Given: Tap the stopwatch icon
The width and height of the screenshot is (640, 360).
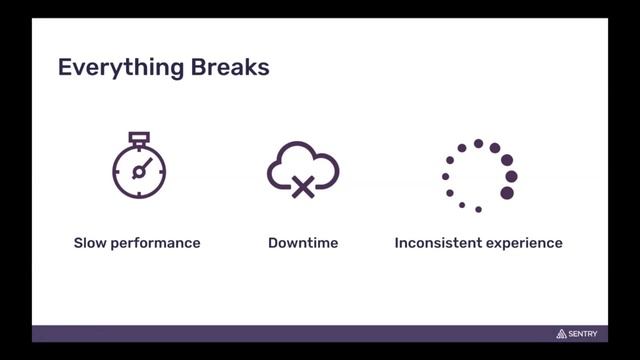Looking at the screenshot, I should (x=138, y=167).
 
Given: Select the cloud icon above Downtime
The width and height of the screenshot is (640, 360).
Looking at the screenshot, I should (x=302, y=168).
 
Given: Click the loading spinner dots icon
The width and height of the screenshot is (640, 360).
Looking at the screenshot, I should (x=479, y=176).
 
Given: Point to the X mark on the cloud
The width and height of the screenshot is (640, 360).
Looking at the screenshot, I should (x=303, y=186).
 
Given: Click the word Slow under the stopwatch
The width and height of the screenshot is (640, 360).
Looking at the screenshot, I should (x=91, y=243).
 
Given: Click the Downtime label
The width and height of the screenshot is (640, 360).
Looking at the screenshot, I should (x=302, y=243).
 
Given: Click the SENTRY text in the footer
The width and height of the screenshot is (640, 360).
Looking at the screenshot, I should (x=584, y=334).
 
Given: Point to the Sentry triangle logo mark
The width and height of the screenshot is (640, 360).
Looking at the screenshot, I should (x=561, y=333).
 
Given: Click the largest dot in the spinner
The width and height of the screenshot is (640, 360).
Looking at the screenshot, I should (x=507, y=193).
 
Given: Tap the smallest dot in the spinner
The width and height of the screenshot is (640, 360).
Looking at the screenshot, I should (x=462, y=204).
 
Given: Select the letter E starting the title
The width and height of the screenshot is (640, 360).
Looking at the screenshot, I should (x=64, y=68).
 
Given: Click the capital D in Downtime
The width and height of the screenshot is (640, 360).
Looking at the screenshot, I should (x=273, y=243).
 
